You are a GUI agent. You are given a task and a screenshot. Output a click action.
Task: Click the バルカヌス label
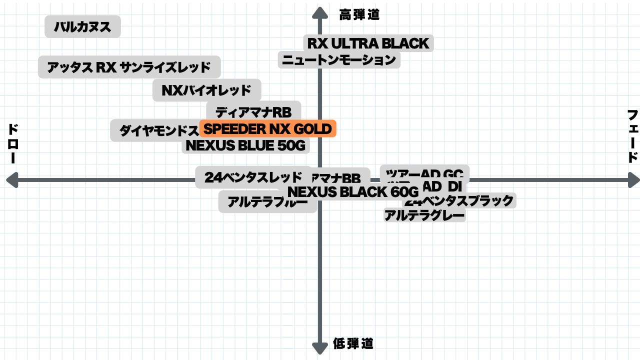(82, 26)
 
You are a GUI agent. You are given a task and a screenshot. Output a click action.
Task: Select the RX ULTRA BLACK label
(368, 43)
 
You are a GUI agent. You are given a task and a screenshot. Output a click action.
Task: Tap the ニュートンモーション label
(339, 60)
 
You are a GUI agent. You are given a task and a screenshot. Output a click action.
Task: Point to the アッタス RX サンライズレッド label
(129, 67)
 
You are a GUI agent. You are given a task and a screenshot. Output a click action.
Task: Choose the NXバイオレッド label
(206, 90)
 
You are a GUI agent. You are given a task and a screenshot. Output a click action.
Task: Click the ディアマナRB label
(253, 111)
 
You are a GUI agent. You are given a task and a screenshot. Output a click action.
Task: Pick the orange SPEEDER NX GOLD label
(267, 129)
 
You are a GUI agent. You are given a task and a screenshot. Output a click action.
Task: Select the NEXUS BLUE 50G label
(245, 145)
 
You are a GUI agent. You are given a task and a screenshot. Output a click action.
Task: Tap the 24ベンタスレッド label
(253, 177)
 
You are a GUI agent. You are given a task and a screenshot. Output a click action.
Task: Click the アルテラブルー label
(267, 202)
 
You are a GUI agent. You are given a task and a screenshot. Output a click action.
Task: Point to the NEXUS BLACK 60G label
(353, 191)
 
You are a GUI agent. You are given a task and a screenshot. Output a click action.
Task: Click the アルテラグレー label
(424, 216)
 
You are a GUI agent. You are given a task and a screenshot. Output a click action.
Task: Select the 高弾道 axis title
(359, 15)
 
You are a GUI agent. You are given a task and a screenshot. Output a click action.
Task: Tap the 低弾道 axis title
(353, 343)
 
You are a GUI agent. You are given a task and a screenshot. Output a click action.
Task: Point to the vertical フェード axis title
(632, 136)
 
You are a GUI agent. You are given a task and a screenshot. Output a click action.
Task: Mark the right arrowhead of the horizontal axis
(633, 180)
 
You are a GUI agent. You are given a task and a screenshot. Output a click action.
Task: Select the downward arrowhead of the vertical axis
(319, 348)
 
